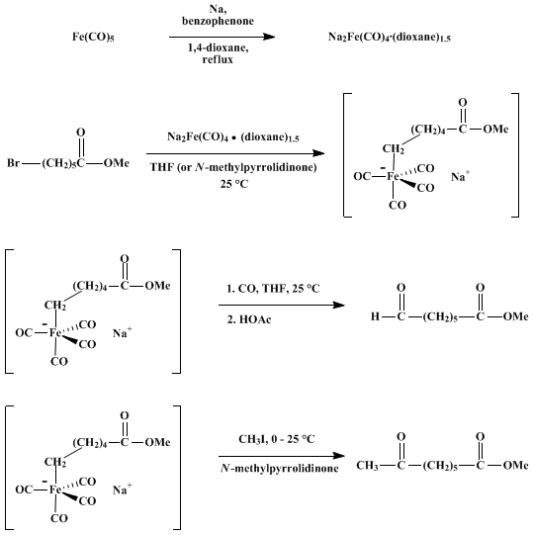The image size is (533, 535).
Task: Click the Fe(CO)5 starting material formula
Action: [93, 37]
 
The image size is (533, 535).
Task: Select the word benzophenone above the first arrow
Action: [218, 21]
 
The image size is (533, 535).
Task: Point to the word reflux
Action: [218, 59]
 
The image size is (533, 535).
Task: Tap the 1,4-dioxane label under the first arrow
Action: [218, 47]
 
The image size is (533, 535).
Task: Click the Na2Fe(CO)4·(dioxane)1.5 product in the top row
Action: [390, 37]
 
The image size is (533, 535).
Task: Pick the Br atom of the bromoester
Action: [13, 163]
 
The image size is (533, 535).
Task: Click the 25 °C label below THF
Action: [234, 184]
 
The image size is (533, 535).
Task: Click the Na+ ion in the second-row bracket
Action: [461, 176]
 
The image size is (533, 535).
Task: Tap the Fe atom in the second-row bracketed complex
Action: [393, 176]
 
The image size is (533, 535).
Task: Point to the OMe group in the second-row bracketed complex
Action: [495, 129]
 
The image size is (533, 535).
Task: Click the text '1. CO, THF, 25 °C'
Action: [273, 289]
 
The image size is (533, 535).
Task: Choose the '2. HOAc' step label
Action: [249, 319]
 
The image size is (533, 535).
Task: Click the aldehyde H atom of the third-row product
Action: [375, 316]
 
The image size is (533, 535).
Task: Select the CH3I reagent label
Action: [253, 439]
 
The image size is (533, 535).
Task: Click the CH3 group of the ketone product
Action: [367, 466]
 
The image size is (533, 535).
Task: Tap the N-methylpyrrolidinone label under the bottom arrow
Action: [280, 468]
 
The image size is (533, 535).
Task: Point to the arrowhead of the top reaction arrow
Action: [269, 37]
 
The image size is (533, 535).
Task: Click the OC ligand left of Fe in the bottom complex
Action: [24, 490]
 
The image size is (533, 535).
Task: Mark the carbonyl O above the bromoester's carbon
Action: [80, 133]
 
